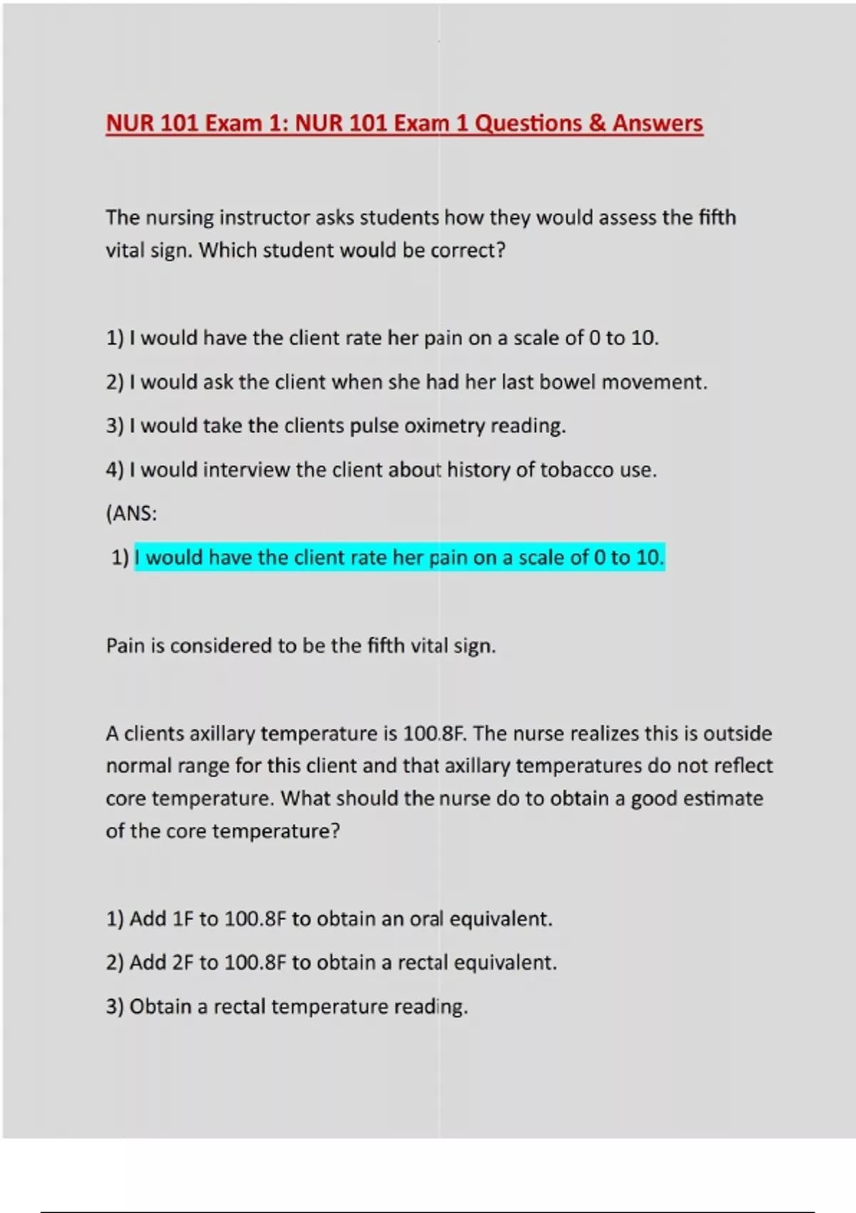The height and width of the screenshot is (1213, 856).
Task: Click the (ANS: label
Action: tap(131, 514)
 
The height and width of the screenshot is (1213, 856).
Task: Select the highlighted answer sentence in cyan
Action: tap(399, 557)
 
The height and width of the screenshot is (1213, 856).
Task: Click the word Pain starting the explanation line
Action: tap(126, 646)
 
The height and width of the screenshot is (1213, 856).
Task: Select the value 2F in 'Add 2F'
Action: tap(183, 963)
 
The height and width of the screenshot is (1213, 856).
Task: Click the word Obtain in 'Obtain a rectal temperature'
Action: tap(160, 1007)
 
